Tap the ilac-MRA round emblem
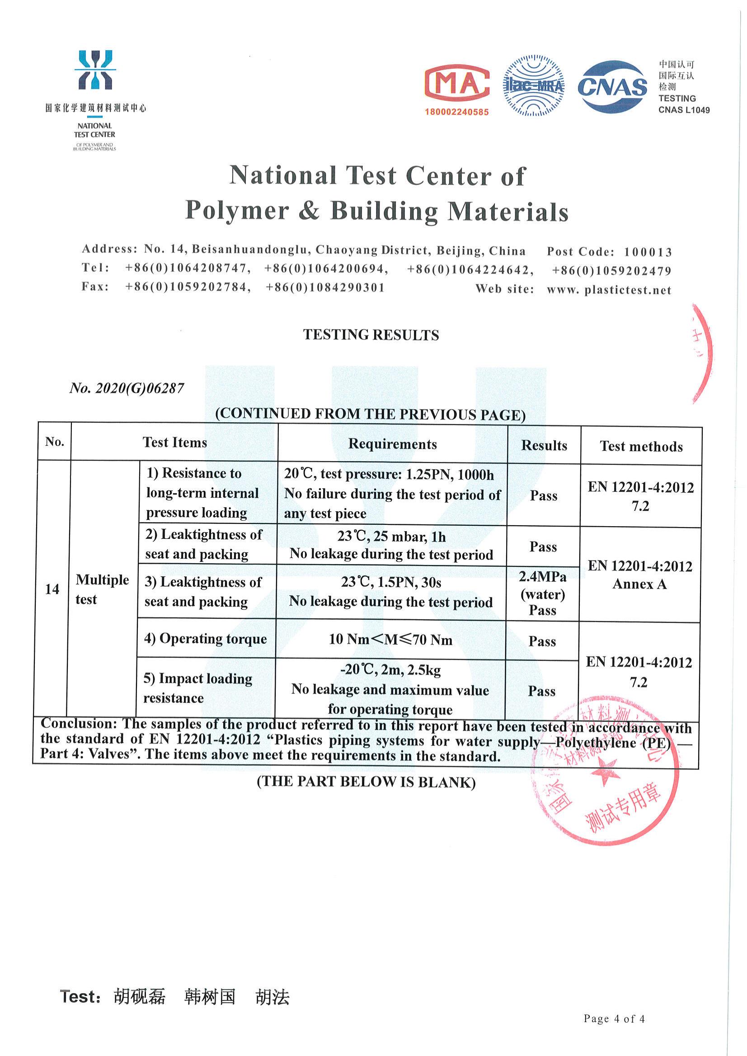pyautogui.click(x=534, y=85)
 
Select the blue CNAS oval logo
pyautogui.click(x=612, y=87)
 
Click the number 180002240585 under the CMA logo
pyautogui.click(x=456, y=112)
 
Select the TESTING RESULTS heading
pyautogui.click(x=371, y=335)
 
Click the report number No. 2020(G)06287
pyautogui.click(x=127, y=388)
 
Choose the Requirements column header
pyautogui.click(x=392, y=444)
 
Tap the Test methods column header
pyautogui.click(x=641, y=446)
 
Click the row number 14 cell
pyautogui.click(x=52, y=589)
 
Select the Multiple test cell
pyautogui.click(x=102, y=589)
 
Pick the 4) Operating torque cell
pyautogui.click(x=206, y=639)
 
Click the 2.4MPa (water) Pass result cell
pyautogui.click(x=542, y=594)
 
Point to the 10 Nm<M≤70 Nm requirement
pyautogui.click(x=390, y=640)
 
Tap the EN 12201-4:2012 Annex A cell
pyautogui.click(x=640, y=575)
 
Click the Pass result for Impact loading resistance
pyautogui.click(x=541, y=691)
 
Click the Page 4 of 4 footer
pyautogui.click(x=614, y=1019)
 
